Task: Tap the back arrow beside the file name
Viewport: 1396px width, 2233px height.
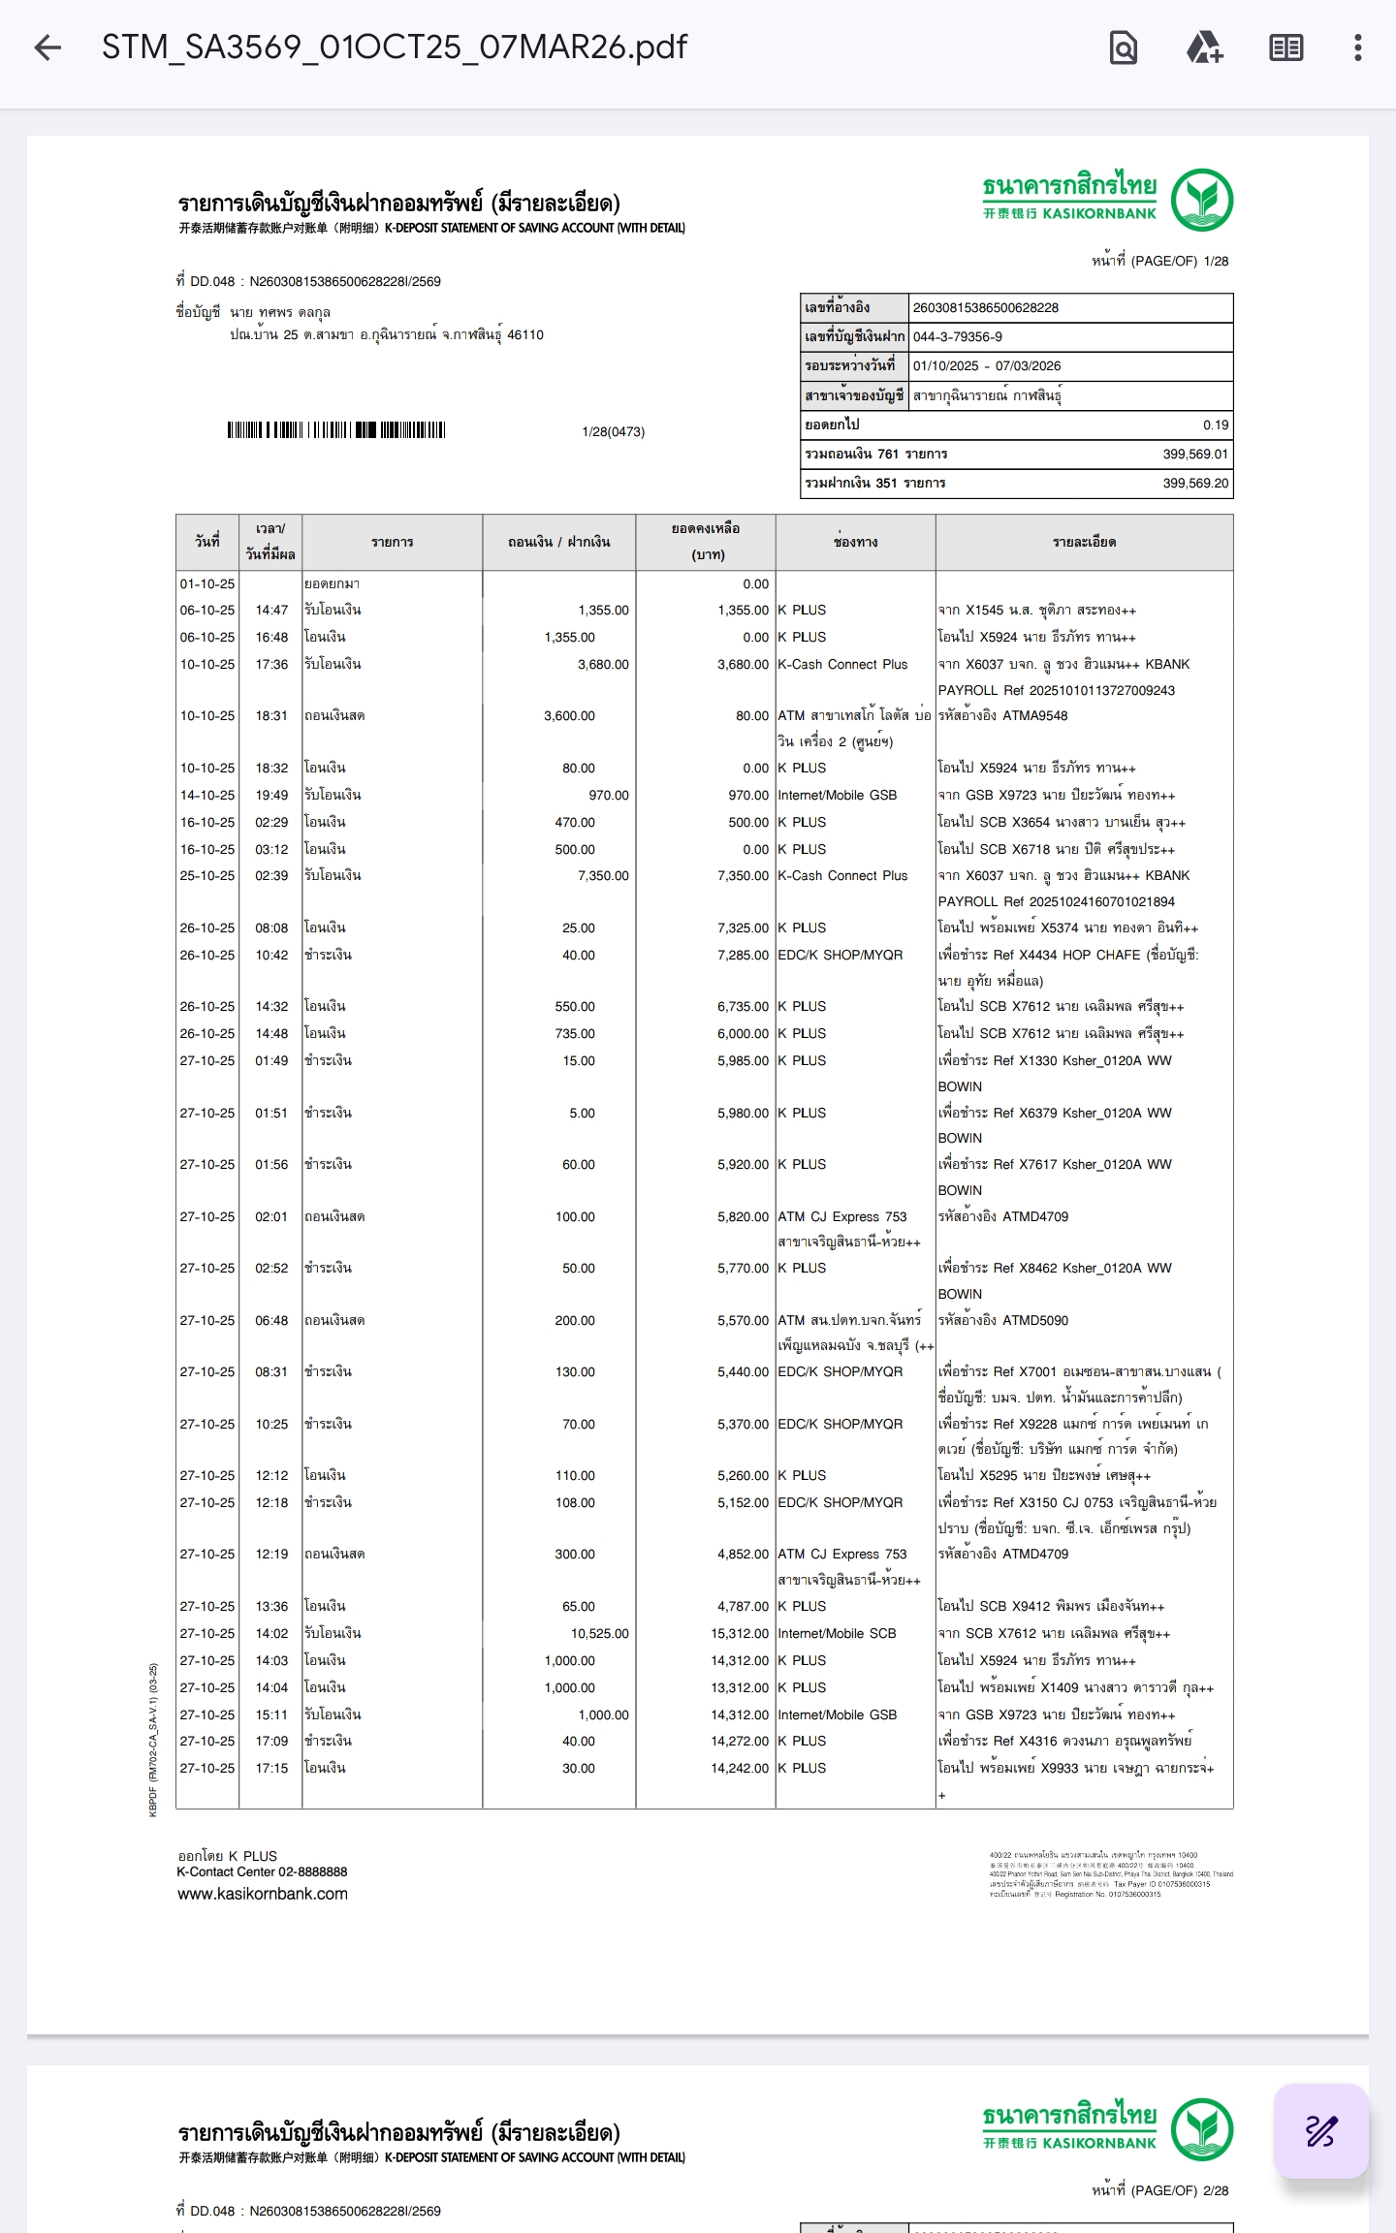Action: coord(48,47)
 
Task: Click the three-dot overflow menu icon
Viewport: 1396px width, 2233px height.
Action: coord(1357,47)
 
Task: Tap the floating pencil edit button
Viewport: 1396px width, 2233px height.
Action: coord(1320,2131)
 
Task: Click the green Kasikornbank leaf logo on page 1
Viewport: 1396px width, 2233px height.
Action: coord(1201,200)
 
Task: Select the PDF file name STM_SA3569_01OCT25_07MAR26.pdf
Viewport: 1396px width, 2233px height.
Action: coord(395,47)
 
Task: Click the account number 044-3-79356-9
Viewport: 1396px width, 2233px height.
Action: coord(958,337)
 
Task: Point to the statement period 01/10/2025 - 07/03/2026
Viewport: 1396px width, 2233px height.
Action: coord(987,366)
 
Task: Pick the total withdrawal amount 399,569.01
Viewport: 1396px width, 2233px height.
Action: coord(1194,454)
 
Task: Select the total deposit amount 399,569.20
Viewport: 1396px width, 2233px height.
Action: coord(1194,483)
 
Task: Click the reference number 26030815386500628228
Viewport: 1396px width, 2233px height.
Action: coord(985,308)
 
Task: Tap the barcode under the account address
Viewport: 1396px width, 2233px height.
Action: coord(336,430)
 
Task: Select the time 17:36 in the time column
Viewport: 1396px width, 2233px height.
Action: coord(271,664)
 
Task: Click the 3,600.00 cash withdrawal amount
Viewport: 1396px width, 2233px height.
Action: coord(569,715)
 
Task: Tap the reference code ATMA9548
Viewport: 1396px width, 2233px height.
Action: coord(1035,715)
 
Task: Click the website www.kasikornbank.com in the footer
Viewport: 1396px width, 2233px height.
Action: coord(263,1894)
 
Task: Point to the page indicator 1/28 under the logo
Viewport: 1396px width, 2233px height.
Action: coord(1216,261)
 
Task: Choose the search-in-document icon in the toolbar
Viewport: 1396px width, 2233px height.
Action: coord(1123,47)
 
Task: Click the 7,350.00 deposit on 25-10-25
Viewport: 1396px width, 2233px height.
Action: coord(603,875)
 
